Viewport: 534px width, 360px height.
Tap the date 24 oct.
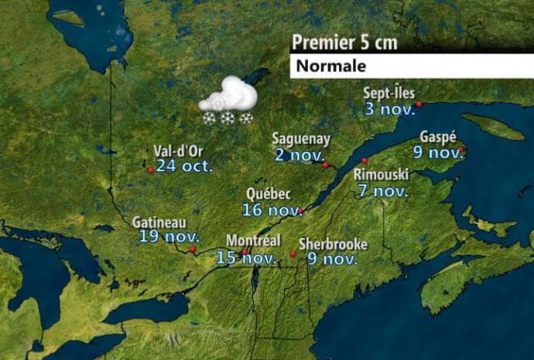pos(184,165)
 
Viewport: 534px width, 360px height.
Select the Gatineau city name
pos(158,223)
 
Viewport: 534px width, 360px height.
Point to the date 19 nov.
pos(169,237)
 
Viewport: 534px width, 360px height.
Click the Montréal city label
pos(252,241)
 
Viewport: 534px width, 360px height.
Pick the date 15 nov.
pos(246,258)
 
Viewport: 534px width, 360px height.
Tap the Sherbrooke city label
pos(333,245)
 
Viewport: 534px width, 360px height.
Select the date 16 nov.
pos(272,210)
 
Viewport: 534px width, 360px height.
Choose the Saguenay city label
pos(301,139)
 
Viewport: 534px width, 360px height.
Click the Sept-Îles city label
pos(389,94)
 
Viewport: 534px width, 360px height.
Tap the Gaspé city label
pos(437,137)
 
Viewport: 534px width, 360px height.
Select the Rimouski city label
pos(382,174)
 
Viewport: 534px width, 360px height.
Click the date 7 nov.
pos(383,190)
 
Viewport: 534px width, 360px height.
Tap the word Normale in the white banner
pos(329,66)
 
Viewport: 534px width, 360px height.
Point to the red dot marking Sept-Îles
pos(419,104)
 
